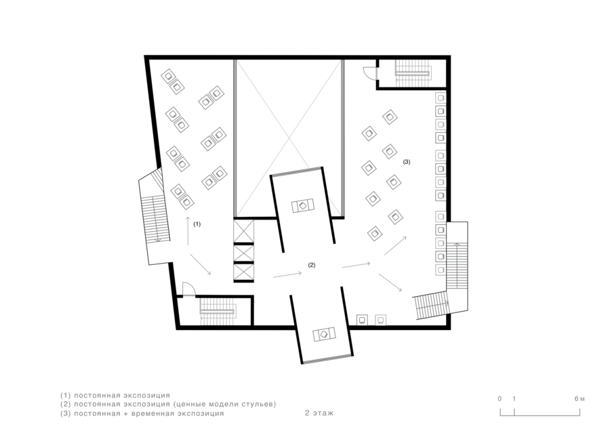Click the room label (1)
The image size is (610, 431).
click(197, 224)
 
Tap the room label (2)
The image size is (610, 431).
click(312, 265)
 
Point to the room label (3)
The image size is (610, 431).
click(407, 162)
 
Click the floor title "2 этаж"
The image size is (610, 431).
click(319, 413)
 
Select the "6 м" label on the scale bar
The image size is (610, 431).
click(579, 398)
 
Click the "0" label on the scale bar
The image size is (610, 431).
click(500, 398)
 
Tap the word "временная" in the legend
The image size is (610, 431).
click(152, 413)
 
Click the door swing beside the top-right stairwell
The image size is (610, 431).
click(369, 73)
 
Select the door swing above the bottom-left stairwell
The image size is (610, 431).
click(189, 289)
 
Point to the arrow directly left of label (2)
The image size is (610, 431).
click(287, 274)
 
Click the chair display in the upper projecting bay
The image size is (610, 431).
click(303, 205)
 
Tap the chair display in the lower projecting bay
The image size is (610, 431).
click(324, 334)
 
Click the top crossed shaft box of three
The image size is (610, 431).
click(243, 231)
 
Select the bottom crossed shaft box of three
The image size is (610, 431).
click(243, 272)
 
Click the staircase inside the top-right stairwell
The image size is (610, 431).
click(413, 73)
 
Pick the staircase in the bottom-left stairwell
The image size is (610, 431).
click(218, 311)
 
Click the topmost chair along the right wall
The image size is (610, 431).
click(441, 98)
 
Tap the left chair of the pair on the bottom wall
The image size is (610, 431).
click(362, 320)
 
